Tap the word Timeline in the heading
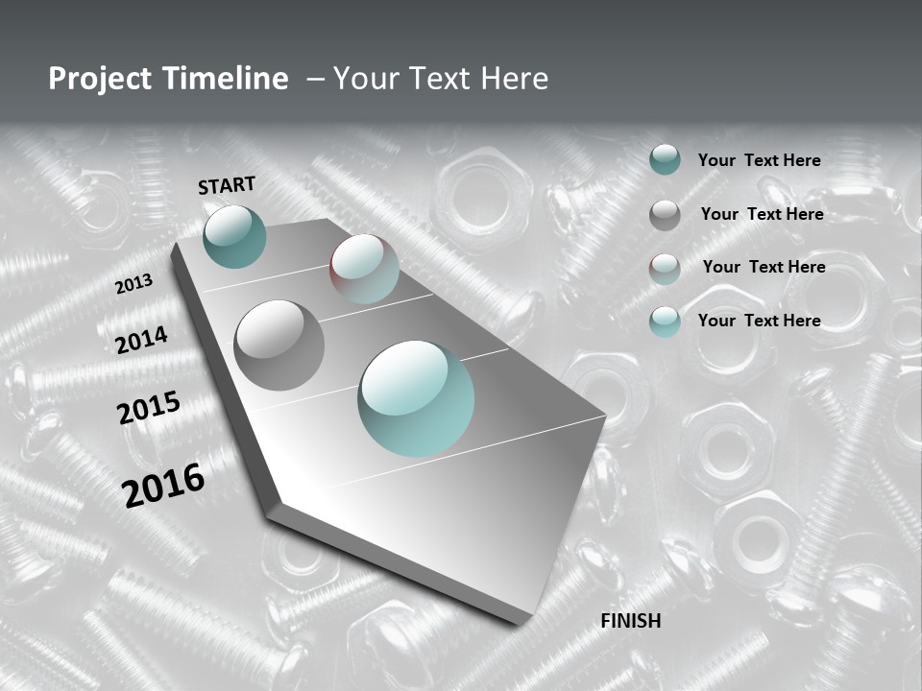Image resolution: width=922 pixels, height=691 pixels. [227, 79]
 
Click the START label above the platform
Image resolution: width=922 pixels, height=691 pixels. [227, 185]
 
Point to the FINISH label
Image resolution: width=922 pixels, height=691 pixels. [631, 621]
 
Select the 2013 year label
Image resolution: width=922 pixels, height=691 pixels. [134, 284]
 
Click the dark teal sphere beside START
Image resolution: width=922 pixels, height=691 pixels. [235, 237]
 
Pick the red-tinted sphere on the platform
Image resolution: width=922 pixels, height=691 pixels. [364, 269]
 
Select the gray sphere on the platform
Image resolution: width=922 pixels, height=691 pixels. [279, 345]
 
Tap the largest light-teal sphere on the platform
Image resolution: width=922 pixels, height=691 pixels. [416, 398]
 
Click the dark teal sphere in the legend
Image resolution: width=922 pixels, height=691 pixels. [665, 160]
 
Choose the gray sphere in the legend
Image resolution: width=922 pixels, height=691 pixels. [665, 215]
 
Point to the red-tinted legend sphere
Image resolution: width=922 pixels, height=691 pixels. [665, 269]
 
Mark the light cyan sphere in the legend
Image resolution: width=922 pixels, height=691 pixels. [665, 322]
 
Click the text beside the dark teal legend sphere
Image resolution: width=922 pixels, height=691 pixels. [759, 160]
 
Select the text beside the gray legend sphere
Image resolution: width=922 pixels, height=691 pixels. [762, 214]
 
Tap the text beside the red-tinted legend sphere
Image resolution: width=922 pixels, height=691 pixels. [764, 267]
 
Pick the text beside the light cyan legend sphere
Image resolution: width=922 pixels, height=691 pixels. [759, 321]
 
